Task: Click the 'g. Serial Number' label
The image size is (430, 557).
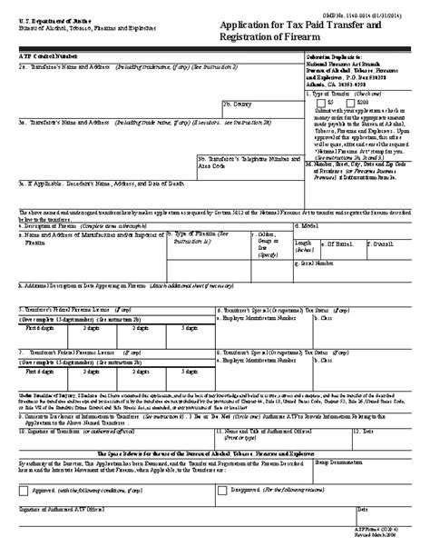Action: click(311, 262)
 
